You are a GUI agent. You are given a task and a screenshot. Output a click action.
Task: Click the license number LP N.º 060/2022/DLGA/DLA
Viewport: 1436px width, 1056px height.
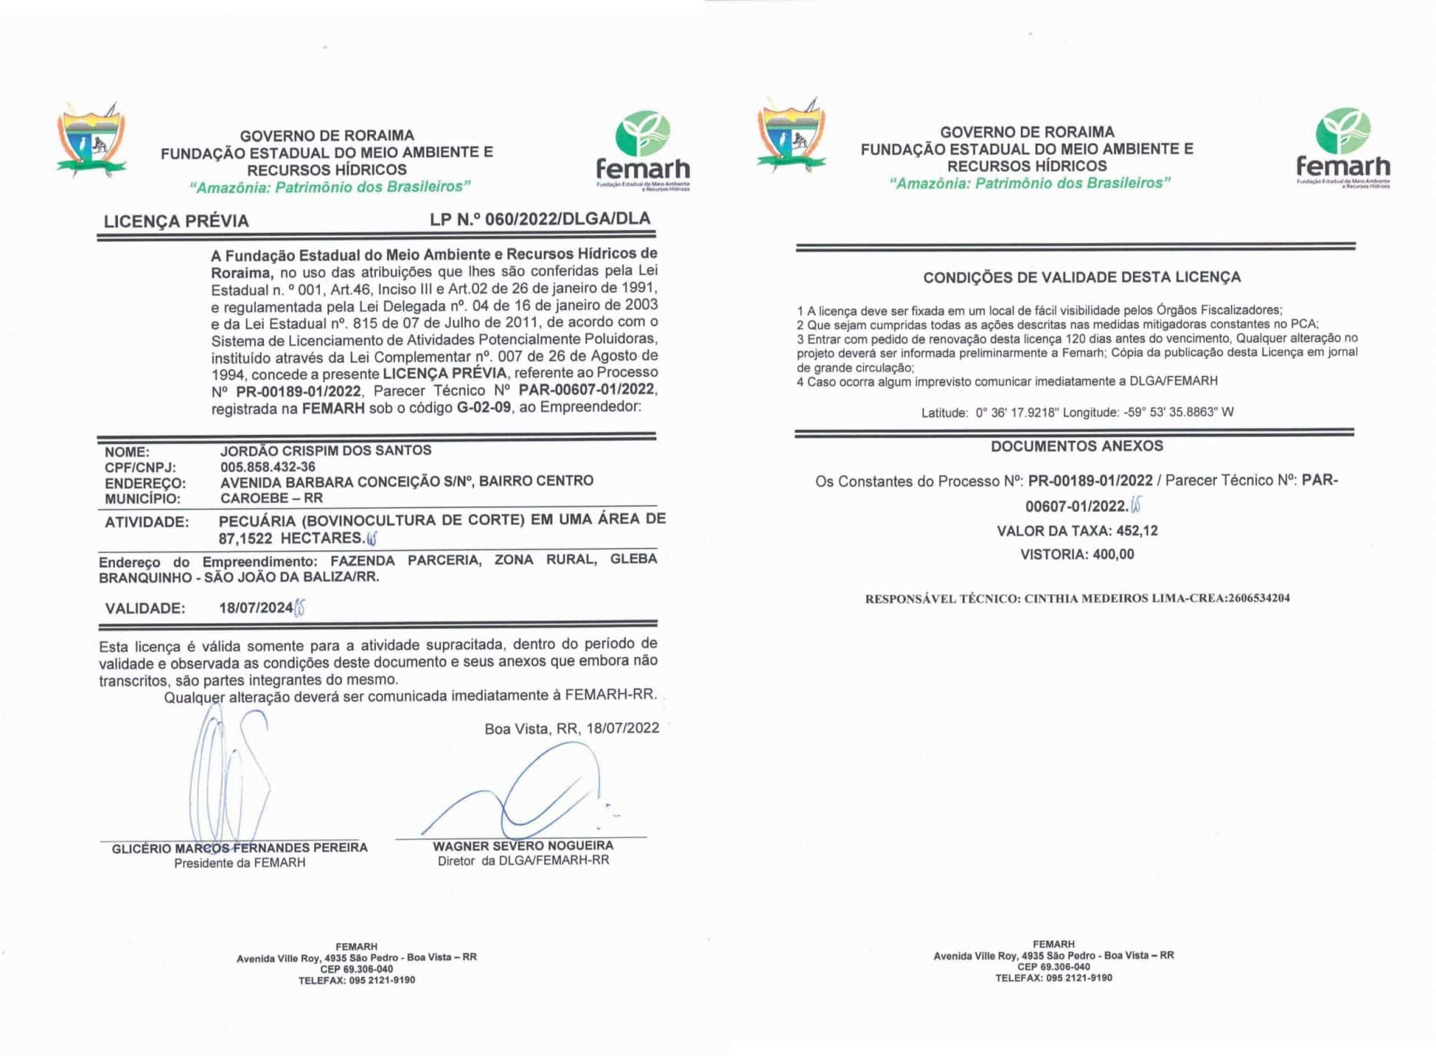(540, 219)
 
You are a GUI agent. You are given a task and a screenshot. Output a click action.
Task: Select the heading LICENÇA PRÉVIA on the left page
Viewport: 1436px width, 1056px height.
(176, 221)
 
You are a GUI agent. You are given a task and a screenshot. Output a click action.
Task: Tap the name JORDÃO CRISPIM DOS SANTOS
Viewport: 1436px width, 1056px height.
(325, 450)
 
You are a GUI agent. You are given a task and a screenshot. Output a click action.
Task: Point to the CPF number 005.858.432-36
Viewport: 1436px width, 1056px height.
(267, 467)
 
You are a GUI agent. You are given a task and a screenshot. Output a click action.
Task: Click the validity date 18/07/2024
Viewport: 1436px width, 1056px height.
(255, 608)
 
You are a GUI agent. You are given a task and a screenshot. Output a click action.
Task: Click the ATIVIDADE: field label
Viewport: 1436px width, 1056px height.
(147, 522)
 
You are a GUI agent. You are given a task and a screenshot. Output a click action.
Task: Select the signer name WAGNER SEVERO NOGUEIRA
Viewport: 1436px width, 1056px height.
(523, 846)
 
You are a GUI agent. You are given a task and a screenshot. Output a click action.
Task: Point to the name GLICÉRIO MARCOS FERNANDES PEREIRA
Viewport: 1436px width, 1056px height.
(240, 848)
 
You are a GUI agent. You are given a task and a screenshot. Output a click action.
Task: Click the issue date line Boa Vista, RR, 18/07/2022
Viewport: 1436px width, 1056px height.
(571, 728)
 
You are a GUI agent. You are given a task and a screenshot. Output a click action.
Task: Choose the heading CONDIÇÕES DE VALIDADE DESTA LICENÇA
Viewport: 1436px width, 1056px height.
(1081, 277)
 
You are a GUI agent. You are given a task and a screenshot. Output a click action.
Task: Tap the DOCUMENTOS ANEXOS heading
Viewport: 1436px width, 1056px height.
(1076, 446)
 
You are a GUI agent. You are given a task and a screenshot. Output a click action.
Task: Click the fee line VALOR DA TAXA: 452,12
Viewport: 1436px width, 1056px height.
(1077, 531)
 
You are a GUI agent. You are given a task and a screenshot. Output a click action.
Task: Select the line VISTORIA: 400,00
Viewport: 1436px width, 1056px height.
(1077, 554)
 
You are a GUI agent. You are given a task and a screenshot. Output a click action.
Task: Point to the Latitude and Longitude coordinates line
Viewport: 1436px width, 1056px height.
(1077, 412)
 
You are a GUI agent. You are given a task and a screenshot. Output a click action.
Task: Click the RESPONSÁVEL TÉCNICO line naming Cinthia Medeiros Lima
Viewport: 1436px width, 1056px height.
(1077, 598)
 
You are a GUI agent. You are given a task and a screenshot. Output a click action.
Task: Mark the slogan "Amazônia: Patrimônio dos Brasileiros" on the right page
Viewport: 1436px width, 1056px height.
(1030, 183)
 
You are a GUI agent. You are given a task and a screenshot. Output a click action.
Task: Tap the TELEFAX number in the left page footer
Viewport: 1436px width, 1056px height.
(356, 980)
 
